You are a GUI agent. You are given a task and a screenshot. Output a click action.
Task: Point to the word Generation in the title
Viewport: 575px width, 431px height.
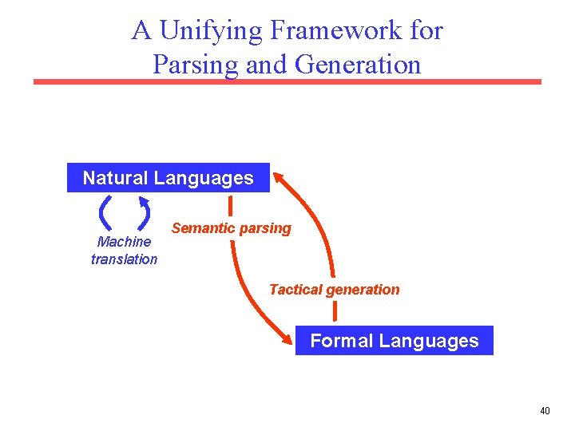coord(357,64)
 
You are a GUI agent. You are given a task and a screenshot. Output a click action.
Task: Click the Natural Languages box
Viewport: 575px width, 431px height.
coord(168,178)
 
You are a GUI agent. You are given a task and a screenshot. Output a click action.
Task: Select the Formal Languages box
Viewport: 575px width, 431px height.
coord(394,341)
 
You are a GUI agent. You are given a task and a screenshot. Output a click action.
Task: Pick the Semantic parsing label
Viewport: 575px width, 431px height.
coord(231,228)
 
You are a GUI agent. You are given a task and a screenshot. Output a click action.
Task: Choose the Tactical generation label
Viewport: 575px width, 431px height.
coord(334,290)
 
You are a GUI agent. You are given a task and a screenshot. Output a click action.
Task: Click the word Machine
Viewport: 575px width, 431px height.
coord(124,242)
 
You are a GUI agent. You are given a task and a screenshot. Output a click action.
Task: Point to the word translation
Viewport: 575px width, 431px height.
coord(124,259)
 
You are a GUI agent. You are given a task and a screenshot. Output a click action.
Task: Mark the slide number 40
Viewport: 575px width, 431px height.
coord(545,411)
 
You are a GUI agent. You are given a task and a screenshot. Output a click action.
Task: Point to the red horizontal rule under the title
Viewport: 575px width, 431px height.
coord(287,81)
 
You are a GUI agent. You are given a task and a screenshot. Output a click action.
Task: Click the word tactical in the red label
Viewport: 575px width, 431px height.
coord(295,290)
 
